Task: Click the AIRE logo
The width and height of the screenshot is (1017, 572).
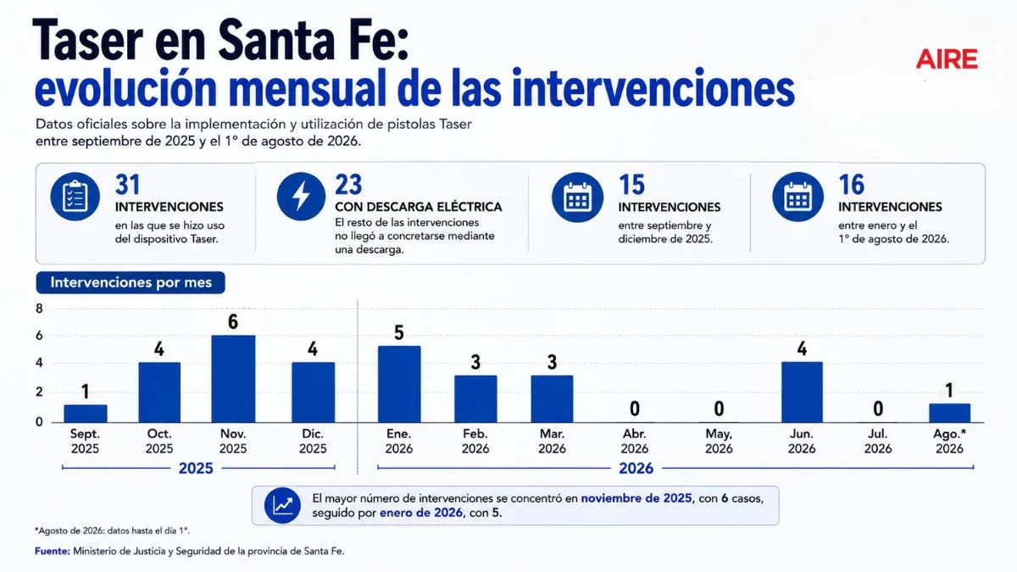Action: tap(947, 59)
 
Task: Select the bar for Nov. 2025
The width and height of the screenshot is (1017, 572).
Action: tap(233, 379)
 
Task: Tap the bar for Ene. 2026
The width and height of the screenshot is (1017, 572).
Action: tap(399, 385)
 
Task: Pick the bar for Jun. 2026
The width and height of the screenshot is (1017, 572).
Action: tap(802, 392)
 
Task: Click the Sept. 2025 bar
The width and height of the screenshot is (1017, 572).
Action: tap(86, 414)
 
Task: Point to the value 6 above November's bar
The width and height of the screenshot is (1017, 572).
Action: tap(233, 322)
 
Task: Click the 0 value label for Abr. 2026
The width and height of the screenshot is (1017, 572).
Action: tap(635, 409)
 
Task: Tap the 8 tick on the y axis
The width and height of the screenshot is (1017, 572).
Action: tap(40, 308)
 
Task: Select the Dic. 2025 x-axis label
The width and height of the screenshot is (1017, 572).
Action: tap(313, 441)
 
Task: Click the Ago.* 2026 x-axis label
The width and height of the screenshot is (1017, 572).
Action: tap(949, 441)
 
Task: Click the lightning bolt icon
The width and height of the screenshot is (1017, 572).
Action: tap(301, 197)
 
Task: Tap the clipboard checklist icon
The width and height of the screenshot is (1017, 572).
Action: tap(75, 197)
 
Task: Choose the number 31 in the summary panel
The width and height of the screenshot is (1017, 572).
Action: tap(128, 185)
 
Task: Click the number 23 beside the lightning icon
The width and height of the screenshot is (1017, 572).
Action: tap(348, 185)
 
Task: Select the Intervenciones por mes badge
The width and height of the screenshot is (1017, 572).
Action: tap(131, 282)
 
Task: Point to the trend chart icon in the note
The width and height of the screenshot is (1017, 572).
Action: tap(282, 505)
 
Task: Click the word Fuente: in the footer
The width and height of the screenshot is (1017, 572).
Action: tap(53, 551)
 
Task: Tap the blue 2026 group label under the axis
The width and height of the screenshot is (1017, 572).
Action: tap(636, 468)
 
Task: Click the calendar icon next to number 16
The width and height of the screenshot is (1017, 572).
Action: tap(797, 197)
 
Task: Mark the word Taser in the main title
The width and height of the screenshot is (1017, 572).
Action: tap(87, 40)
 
